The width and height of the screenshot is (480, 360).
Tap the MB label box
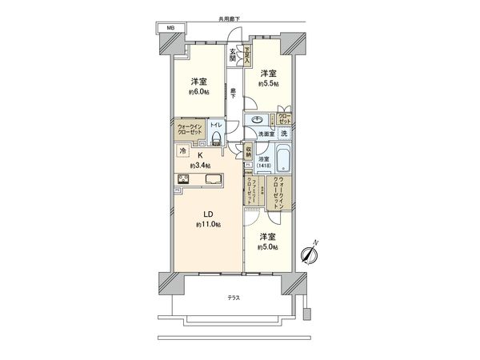[x=169, y=29]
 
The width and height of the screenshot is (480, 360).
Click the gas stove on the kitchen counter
[x=182, y=178]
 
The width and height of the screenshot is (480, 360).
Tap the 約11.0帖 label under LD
[x=209, y=225]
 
